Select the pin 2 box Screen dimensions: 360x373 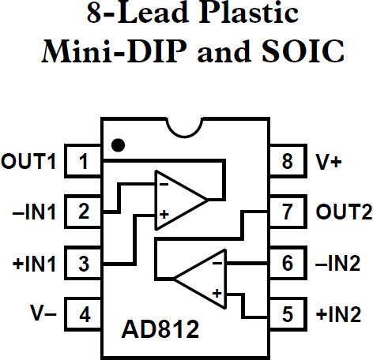click(83, 212)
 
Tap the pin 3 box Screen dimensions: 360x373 click(83, 262)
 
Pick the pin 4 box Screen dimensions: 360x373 click(83, 313)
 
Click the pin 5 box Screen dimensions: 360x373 click(288, 313)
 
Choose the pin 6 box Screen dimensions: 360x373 click(288, 262)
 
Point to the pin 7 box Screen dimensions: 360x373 click(288, 212)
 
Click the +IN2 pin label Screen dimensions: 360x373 click(338, 313)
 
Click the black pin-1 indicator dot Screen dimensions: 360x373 click(118, 144)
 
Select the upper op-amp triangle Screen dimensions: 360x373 click(177, 199)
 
